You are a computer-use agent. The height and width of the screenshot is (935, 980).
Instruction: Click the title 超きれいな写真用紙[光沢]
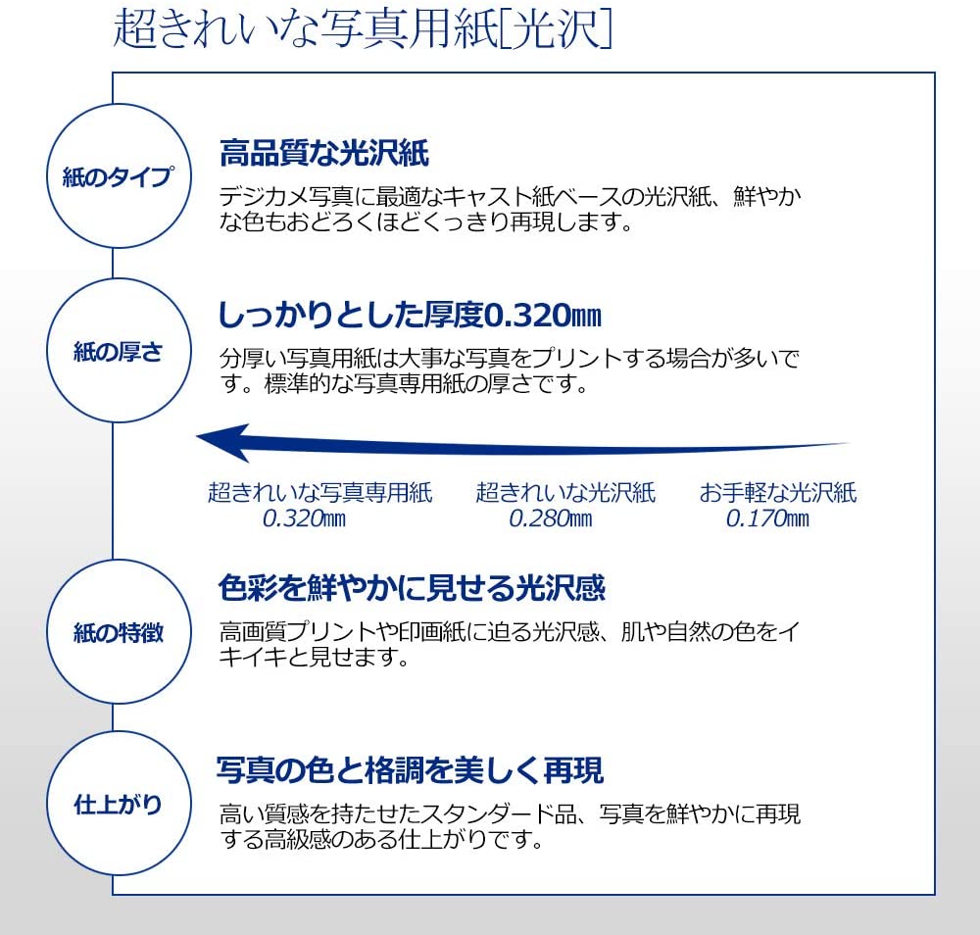pos(363,28)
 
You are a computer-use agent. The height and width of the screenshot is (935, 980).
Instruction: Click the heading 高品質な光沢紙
pos(323,153)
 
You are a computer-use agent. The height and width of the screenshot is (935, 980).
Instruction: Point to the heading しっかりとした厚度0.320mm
pos(410,315)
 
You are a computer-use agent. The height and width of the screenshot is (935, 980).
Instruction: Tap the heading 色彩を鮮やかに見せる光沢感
pos(412,588)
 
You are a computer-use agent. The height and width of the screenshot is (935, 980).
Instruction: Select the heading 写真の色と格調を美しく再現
pos(410,770)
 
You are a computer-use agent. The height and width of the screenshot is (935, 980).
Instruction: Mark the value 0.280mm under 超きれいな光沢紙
pos(551,518)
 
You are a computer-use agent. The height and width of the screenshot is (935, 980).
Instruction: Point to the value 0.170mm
pos(767,518)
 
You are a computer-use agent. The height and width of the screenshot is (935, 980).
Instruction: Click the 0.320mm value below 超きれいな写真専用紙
pos(305,518)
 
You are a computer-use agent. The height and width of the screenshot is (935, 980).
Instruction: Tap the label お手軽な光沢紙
pos(777,493)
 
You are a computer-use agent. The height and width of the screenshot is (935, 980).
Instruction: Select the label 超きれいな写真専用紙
pos(320,493)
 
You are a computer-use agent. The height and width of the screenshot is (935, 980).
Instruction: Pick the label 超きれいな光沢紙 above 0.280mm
pos(565,493)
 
